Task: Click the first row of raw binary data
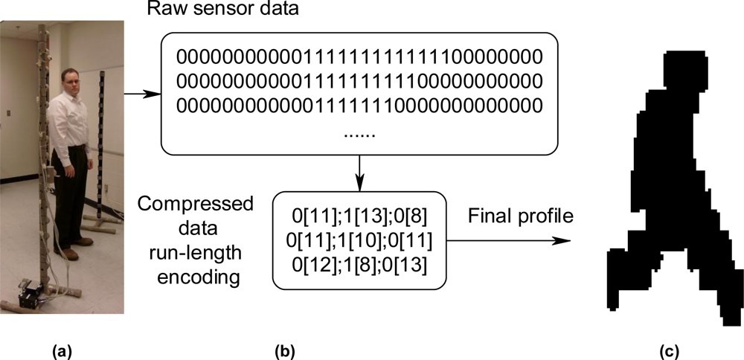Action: coord(359,57)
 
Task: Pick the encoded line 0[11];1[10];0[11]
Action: coord(359,242)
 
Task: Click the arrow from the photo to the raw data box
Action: coord(141,94)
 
